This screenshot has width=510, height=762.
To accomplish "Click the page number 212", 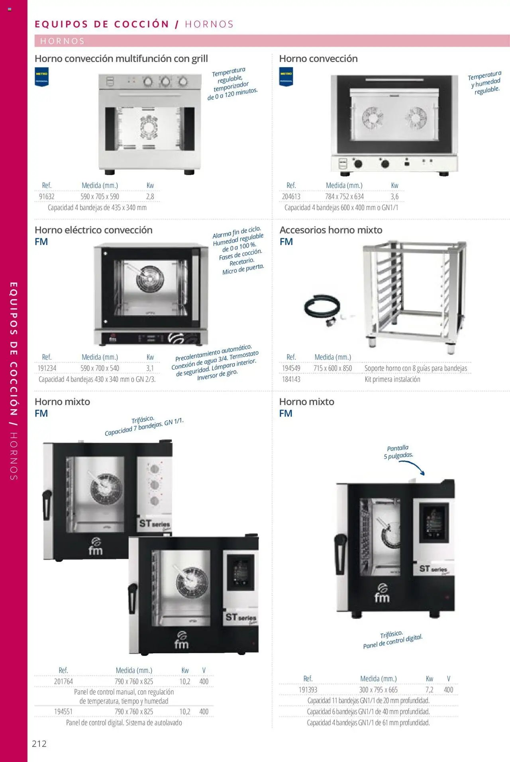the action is (39, 743).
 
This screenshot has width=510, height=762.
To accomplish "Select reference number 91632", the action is (47, 196).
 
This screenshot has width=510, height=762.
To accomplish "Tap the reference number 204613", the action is (291, 196).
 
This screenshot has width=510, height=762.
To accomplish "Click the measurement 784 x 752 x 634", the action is (344, 196).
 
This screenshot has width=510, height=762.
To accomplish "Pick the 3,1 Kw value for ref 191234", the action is (150, 368).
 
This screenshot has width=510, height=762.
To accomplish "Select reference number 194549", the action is (291, 368).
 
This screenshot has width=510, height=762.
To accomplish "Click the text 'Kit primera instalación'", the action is (392, 379).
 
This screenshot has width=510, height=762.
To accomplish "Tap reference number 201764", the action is (63, 681).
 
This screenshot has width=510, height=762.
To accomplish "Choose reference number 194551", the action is (63, 711).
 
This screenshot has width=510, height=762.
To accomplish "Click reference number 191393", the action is (308, 690).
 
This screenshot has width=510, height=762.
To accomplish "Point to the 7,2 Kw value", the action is (429, 690).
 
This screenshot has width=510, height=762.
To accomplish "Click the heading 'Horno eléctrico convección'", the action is (94, 230).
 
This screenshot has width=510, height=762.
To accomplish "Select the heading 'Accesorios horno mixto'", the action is (331, 230).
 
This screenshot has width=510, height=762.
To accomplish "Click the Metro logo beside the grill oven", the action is (42, 77).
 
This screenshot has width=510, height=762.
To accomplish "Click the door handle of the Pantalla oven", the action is (341, 553).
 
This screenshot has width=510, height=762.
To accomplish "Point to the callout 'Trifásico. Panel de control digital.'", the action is (392, 639).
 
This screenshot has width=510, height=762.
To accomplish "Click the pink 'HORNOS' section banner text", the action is (63, 41).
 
